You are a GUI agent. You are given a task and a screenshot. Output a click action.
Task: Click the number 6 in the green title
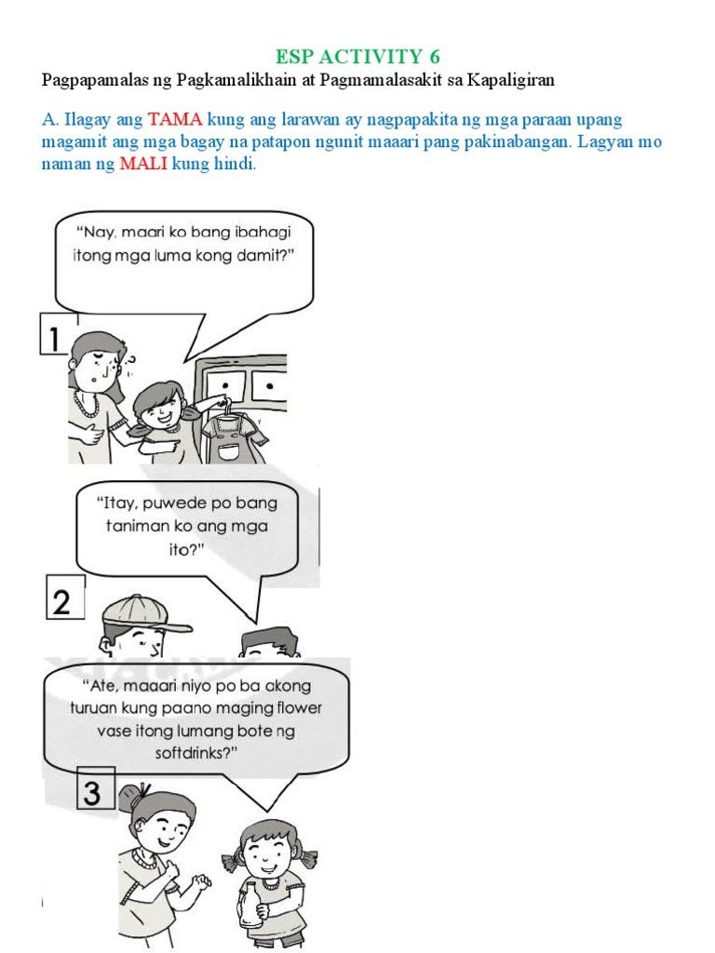(433, 57)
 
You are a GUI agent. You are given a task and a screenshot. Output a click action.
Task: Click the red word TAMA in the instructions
(176, 121)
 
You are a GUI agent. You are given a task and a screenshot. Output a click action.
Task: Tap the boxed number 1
(55, 334)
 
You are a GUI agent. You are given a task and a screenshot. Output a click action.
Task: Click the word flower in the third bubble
(294, 707)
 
